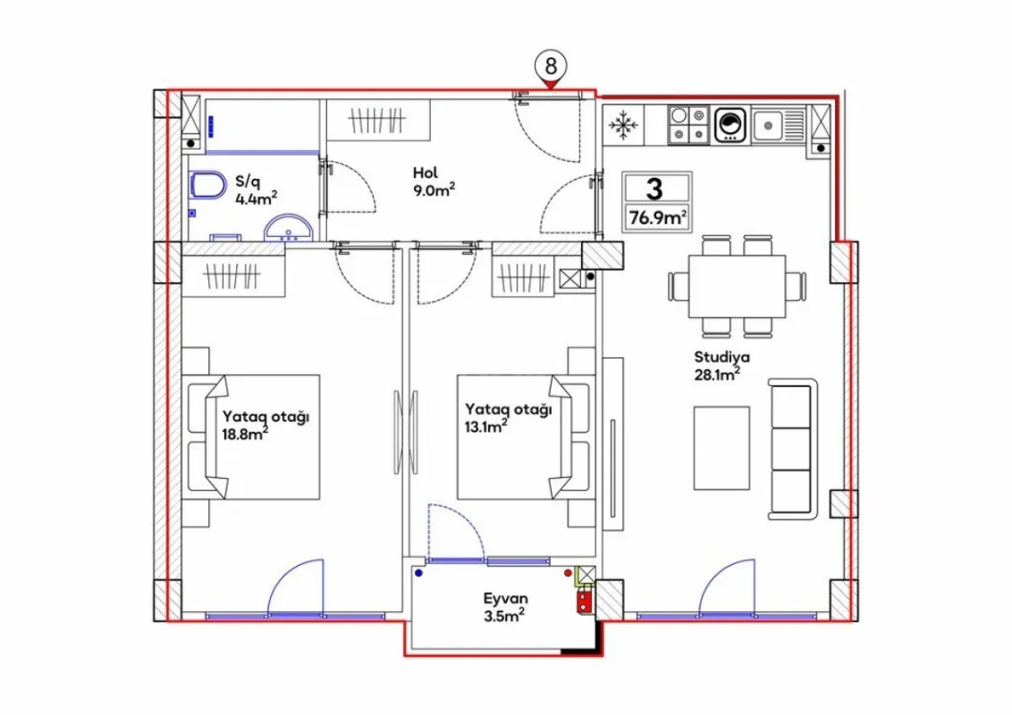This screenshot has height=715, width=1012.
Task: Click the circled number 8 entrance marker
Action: click(x=552, y=66)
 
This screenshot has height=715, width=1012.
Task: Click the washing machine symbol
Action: click(x=730, y=125)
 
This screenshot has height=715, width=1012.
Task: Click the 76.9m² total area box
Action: click(x=657, y=216)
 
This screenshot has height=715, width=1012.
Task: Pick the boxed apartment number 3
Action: click(x=656, y=189)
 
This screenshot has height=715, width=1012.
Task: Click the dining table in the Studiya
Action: click(x=737, y=286)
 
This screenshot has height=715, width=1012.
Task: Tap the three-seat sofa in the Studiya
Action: click(x=793, y=449)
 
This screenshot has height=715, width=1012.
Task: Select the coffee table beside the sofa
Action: click(x=721, y=448)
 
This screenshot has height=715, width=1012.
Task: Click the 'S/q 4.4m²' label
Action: click(x=252, y=190)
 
